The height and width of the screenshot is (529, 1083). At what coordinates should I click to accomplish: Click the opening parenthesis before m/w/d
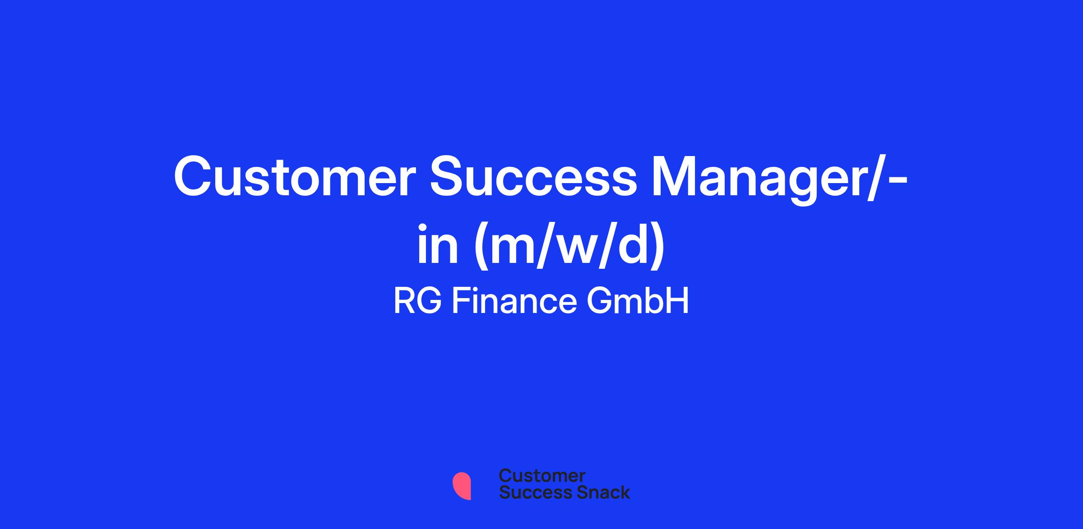[482, 247]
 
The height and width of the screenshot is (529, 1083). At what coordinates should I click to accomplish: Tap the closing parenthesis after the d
[656, 247]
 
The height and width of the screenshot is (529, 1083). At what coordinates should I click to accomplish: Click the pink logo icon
[462, 486]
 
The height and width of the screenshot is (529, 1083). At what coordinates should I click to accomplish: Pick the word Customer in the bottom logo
[542, 475]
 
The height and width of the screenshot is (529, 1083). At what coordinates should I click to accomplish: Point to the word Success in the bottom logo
[530, 492]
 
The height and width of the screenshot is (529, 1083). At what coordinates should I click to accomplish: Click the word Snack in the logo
[597, 492]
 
